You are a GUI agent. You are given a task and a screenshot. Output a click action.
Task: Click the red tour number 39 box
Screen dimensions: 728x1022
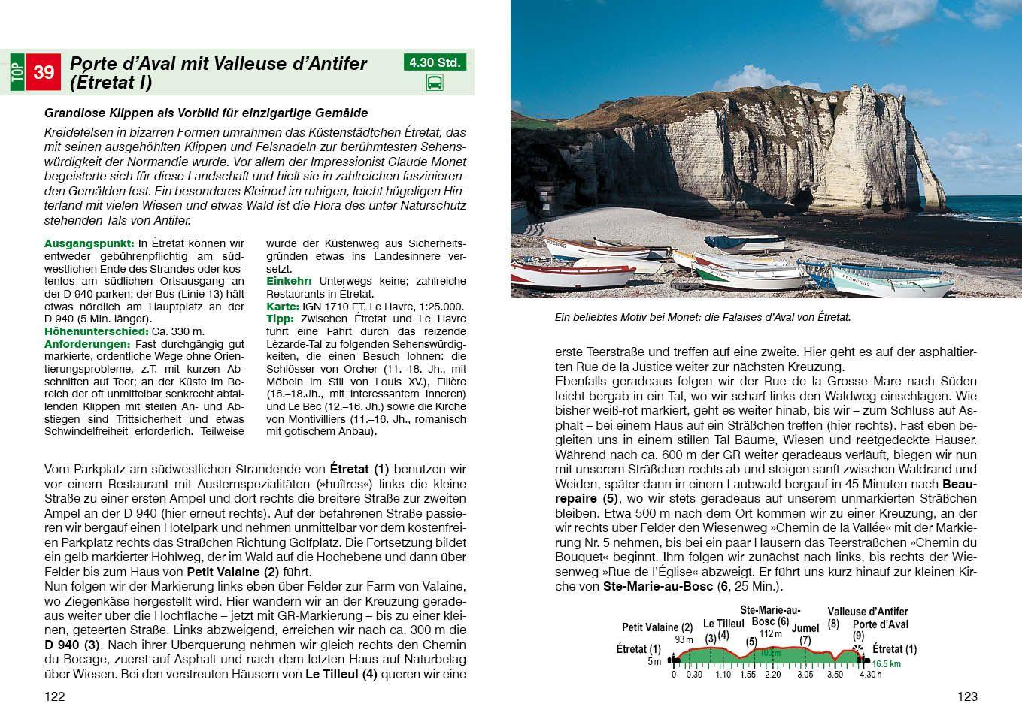(x=44, y=72)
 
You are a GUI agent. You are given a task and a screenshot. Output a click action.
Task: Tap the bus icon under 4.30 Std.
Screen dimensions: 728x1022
(x=435, y=83)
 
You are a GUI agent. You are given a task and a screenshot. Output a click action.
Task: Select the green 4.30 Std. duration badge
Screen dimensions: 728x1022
(x=435, y=62)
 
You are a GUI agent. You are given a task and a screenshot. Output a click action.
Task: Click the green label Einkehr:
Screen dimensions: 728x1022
(x=289, y=281)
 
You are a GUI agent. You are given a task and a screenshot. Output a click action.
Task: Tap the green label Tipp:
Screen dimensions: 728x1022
(x=281, y=319)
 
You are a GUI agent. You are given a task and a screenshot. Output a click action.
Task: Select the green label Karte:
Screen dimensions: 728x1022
(x=283, y=307)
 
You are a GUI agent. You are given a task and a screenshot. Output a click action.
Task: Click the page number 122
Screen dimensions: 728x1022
(x=55, y=696)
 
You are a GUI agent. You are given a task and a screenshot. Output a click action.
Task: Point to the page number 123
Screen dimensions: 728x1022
(x=967, y=696)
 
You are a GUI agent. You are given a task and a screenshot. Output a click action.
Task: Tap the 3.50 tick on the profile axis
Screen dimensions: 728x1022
(x=835, y=675)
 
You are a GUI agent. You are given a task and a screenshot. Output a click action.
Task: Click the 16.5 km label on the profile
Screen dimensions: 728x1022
(x=887, y=665)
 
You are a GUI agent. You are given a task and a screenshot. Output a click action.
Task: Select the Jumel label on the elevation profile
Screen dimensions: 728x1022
(x=805, y=628)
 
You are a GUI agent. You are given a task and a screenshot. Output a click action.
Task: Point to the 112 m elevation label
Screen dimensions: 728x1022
(x=771, y=633)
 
